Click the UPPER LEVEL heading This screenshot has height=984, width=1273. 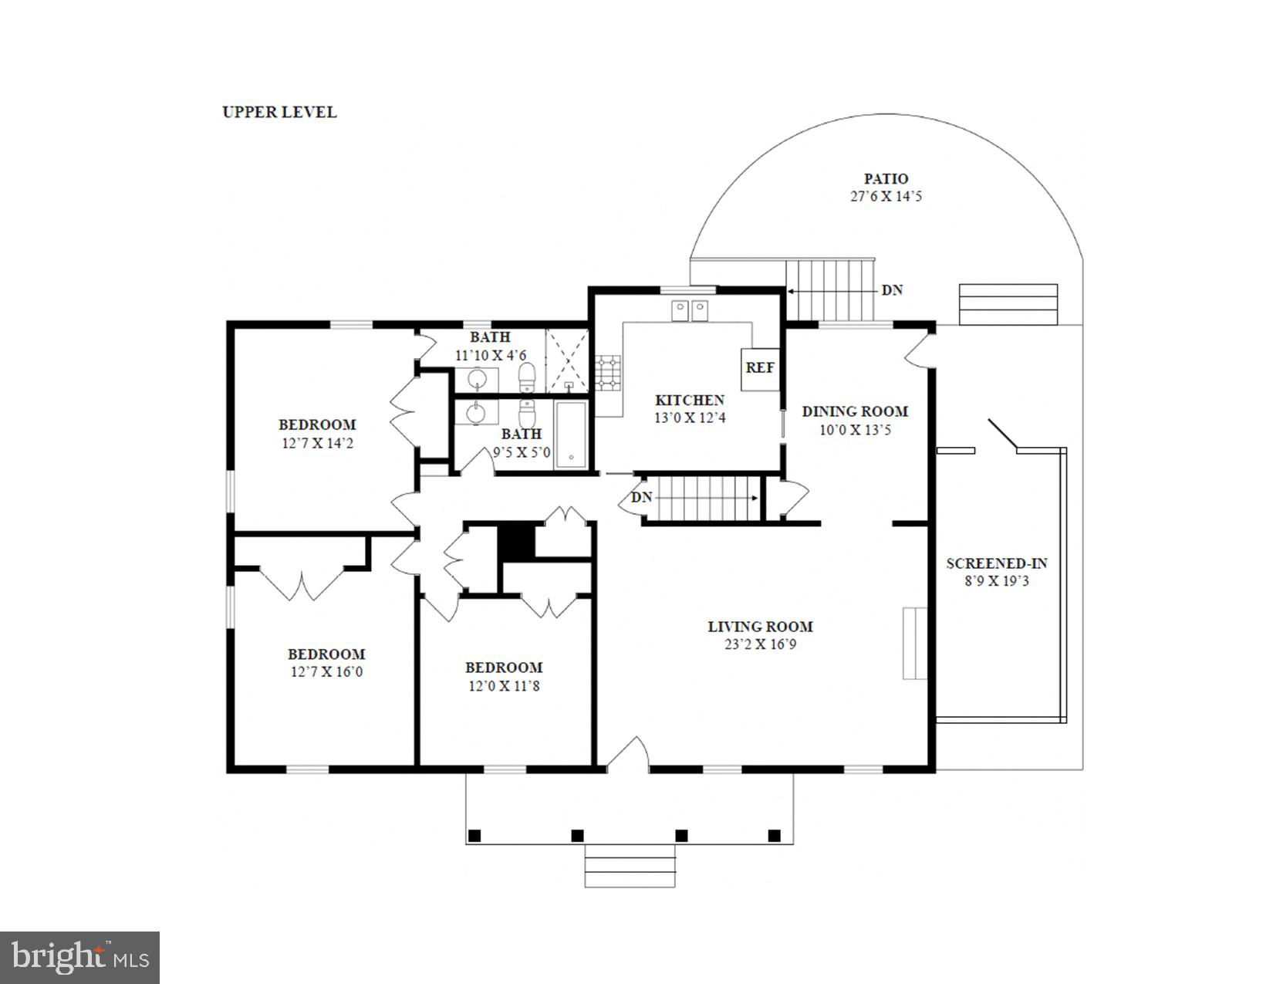(279, 112)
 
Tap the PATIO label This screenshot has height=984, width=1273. (886, 179)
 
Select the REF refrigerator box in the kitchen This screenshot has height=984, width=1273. (760, 369)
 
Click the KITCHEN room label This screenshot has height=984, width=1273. (690, 401)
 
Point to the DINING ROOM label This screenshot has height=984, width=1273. (855, 411)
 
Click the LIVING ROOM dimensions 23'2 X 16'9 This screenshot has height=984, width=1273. (761, 644)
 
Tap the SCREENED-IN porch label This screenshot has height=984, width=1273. (997, 563)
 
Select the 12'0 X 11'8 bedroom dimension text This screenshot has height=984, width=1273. (504, 685)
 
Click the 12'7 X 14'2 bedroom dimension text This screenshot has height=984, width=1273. (318, 442)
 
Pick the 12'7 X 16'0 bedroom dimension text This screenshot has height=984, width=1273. (326, 671)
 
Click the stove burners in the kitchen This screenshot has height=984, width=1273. (607, 373)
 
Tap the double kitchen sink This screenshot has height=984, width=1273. (690, 310)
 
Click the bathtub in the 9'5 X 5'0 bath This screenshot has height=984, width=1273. (571, 435)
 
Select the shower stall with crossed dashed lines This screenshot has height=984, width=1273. (566, 360)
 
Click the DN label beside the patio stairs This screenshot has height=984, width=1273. (892, 290)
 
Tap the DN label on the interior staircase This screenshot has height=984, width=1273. (641, 498)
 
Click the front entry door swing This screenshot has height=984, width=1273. (628, 752)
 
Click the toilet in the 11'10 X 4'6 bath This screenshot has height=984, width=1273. (527, 377)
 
